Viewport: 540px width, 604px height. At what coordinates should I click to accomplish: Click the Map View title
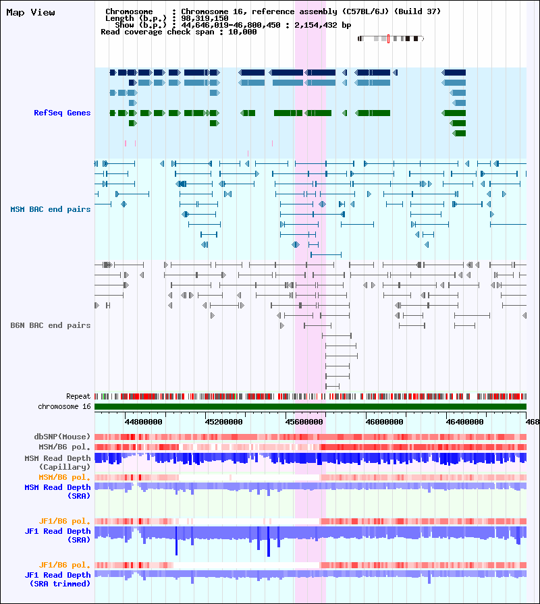[x=30, y=12]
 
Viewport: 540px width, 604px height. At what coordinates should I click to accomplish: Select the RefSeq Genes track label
[x=62, y=113]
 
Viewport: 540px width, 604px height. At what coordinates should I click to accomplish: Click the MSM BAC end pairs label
[x=51, y=209]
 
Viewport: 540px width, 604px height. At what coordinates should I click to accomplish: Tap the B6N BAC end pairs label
[x=51, y=325]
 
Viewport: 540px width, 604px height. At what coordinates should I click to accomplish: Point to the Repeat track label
[x=78, y=396]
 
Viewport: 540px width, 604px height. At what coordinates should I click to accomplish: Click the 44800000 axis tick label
[x=144, y=421]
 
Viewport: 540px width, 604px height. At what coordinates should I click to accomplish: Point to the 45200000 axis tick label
[x=223, y=421]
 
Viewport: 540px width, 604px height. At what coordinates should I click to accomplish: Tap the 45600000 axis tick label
[x=303, y=421]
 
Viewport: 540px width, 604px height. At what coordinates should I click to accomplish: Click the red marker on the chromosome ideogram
[x=388, y=38]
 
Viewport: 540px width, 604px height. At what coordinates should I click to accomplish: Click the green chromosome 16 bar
[x=310, y=406]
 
